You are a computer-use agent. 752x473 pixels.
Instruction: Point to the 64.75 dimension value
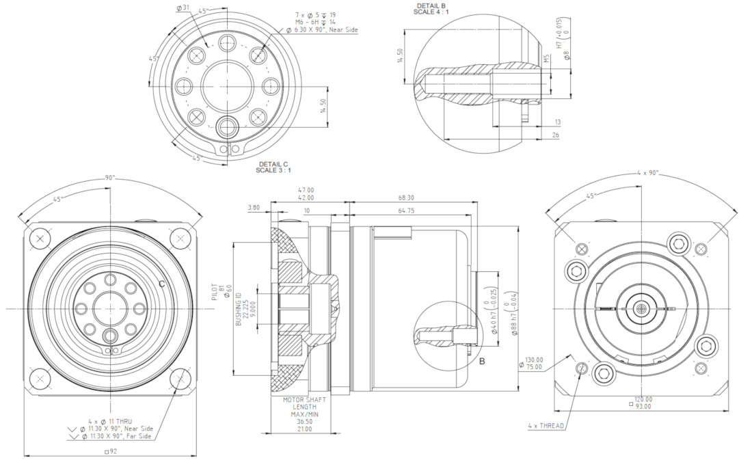coord(412,211)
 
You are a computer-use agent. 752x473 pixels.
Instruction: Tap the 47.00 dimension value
coord(305,189)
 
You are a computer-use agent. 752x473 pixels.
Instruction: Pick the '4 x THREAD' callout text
coord(546,426)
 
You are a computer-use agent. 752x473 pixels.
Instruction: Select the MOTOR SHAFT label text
coord(306,399)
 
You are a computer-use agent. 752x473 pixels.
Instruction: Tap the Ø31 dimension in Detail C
coord(183,8)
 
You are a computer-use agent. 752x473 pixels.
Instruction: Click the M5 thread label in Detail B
coord(547,59)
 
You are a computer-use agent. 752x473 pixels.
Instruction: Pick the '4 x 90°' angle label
coord(647,173)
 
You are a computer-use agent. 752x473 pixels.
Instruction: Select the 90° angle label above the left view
coord(110,177)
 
